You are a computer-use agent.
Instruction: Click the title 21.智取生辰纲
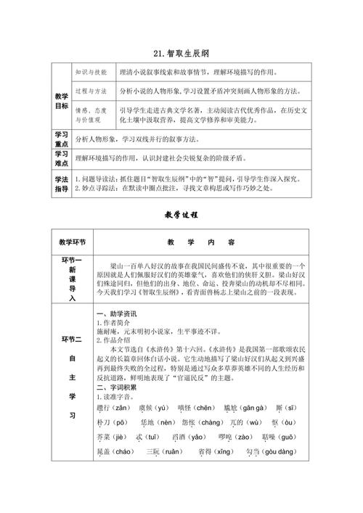(x=181, y=53)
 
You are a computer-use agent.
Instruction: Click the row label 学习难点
(x=61, y=159)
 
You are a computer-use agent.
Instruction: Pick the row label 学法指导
(x=61, y=183)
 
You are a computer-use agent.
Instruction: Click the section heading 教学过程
(x=181, y=216)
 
